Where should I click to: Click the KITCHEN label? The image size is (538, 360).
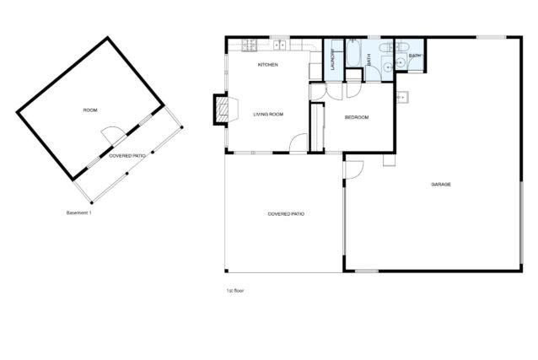[267, 65]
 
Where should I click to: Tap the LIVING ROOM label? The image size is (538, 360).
[268, 115]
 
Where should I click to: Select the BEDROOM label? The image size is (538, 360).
[357, 117]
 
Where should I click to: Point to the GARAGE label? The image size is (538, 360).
[441, 185]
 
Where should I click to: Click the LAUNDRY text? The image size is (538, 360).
[332, 59]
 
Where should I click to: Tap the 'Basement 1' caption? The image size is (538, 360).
[79, 212]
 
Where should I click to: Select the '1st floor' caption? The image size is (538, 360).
[235, 291]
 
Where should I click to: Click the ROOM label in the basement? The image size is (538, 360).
[90, 110]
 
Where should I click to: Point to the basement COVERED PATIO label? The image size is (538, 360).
[127, 156]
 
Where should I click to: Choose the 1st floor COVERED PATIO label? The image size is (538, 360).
[286, 214]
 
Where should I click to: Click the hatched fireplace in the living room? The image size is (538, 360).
[222, 110]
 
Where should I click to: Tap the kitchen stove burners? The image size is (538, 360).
[250, 46]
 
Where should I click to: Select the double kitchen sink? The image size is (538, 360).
[280, 45]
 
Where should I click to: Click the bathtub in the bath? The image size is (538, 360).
[353, 52]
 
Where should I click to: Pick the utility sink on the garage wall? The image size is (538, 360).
[402, 98]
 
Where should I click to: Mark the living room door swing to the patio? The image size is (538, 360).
[299, 142]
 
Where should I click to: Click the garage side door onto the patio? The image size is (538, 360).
[354, 170]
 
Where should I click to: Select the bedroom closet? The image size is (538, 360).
[317, 127]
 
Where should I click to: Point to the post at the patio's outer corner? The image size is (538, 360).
[92, 203]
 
